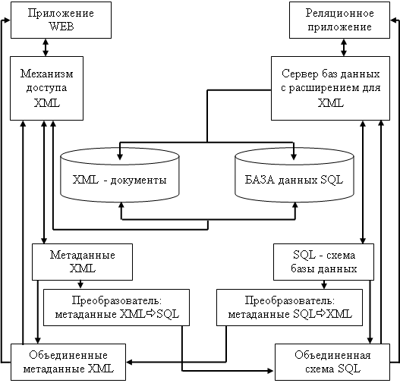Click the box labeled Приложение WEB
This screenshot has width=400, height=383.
click(x=61, y=20)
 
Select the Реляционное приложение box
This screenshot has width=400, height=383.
click(x=339, y=20)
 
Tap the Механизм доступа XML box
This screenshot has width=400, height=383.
click(x=47, y=88)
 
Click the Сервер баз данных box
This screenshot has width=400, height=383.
click(x=330, y=88)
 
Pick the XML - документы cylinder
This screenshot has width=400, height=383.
click(x=120, y=174)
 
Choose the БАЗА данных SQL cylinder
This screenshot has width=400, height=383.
click(x=294, y=174)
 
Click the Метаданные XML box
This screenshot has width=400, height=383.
click(x=82, y=262)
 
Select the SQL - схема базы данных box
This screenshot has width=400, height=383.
click(x=323, y=262)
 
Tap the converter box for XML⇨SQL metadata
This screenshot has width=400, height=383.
click(x=116, y=307)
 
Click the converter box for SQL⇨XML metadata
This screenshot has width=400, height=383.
click(x=289, y=307)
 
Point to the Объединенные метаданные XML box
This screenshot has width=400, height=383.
click(x=68, y=362)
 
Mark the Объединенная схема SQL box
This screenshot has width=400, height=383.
click(x=332, y=362)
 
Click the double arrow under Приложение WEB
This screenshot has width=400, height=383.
click(x=46, y=47)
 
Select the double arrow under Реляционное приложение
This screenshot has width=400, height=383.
click(x=344, y=47)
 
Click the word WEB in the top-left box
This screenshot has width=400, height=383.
click(x=61, y=27)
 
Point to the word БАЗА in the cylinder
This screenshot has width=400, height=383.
click(x=260, y=180)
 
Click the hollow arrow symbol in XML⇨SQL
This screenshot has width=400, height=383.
click(x=151, y=313)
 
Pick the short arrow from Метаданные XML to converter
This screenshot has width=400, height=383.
click(x=80, y=284)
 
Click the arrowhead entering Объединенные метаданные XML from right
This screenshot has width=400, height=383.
click(x=129, y=362)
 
